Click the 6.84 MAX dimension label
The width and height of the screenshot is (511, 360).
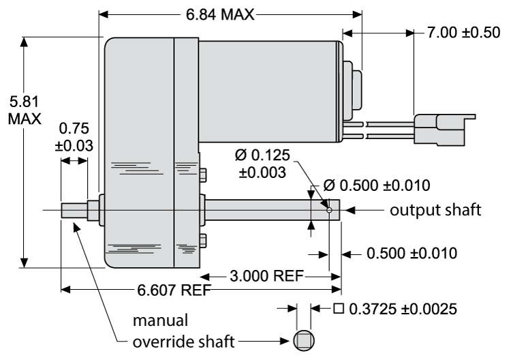point(219,14)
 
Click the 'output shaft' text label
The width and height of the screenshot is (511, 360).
point(431,210)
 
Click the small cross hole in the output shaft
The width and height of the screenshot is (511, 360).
point(329,211)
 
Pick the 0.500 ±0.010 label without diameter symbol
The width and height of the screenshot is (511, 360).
point(411,254)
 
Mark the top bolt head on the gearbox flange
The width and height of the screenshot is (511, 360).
point(202,172)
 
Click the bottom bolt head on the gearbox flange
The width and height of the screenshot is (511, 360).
point(202,240)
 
